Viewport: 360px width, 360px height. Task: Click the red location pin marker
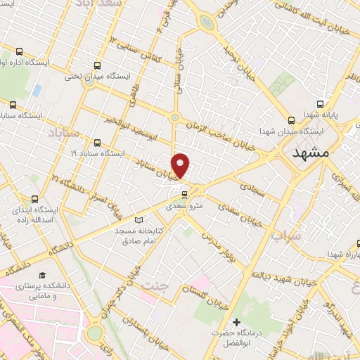click(181, 165)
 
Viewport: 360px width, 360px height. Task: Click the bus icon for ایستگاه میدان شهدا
click(291, 120)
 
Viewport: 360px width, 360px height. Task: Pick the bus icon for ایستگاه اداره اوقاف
click(19, 51)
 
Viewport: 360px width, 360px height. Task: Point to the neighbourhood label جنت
click(151, 286)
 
